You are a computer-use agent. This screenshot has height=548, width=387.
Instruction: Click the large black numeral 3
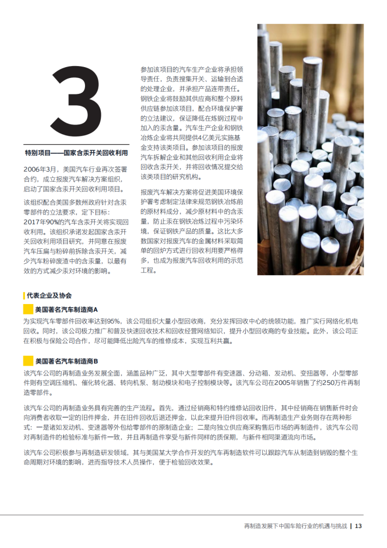[x=76, y=102]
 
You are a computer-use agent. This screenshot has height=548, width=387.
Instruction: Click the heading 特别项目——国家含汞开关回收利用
[x=76, y=153]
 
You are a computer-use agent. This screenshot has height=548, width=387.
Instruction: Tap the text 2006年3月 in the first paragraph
[x=40, y=170]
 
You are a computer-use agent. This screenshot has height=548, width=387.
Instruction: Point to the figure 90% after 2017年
[x=51, y=222]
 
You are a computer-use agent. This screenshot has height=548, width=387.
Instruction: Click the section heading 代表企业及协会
[x=49, y=295]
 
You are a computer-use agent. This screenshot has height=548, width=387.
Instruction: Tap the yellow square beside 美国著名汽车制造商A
[x=28, y=309]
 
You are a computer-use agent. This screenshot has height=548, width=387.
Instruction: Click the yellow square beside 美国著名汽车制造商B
[x=28, y=361]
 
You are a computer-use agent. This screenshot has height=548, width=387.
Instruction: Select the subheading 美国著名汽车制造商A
[x=66, y=309]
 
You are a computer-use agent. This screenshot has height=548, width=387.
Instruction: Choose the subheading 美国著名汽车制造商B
[x=66, y=361]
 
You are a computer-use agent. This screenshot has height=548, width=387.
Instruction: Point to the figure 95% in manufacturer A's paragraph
[x=113, y=321]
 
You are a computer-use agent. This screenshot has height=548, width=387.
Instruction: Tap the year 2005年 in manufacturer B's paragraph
[x=283, y=383]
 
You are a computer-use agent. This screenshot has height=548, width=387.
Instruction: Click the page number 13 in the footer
[x=359, y=526]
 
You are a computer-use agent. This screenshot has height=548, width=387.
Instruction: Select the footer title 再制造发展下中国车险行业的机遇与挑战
[x=295, y=526]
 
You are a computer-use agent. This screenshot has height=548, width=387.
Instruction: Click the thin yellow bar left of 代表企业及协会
[x=24, y=295]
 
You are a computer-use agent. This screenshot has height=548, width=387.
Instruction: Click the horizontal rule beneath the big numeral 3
[x=76, y=144]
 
